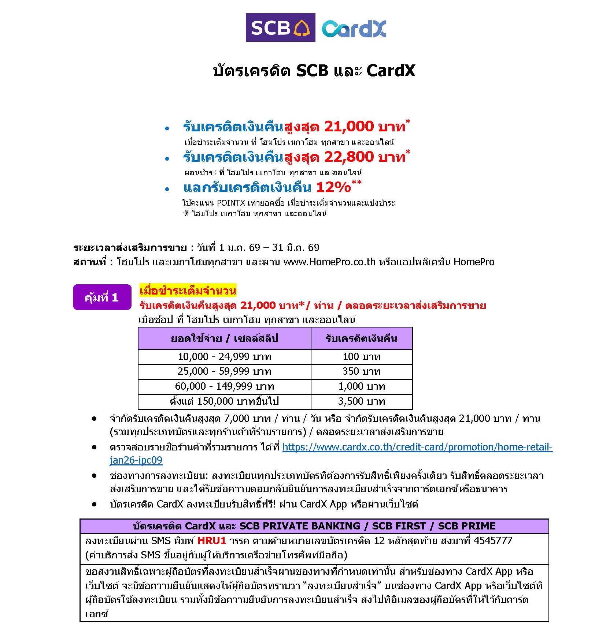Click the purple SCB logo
click(280, 27)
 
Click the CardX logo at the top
click(354, 29)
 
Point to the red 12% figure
click(333, 188)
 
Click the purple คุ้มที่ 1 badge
click(102, 297)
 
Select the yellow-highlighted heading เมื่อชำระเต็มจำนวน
click(188, 291)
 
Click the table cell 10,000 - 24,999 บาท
click(224, 356)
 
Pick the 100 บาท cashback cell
click(361, 356)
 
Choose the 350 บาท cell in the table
click(361, 371)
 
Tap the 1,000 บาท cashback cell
click(361, 386)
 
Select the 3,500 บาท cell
click(361, 401)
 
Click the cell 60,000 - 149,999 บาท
click(224, 386)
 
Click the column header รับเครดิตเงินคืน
click(361, 338)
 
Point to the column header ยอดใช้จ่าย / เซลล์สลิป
click(224, 338)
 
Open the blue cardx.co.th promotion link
click(417, 447)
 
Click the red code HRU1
click(211, 540)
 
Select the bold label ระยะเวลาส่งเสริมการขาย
click(130, 248)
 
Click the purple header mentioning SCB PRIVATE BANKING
click(314, 526)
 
